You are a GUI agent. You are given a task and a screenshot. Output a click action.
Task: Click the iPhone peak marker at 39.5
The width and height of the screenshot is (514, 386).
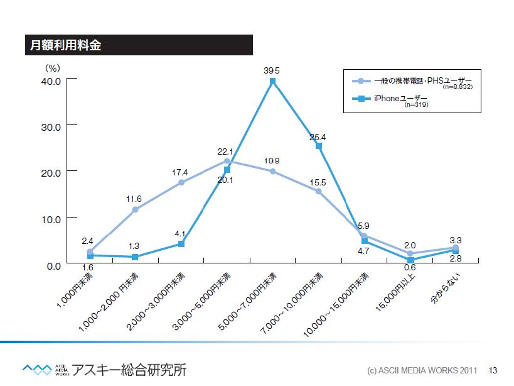(x=273, y=81)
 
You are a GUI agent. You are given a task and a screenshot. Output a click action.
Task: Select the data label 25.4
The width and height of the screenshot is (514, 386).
(x=318, y=137)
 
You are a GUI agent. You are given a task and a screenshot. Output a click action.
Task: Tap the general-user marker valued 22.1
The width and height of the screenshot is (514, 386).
(x=227, y=161)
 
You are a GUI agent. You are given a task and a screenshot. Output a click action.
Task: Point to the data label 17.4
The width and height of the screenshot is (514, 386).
(x=180, y=172)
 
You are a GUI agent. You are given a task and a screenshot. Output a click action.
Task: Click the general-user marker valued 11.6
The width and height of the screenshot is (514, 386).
(x=135, y=209)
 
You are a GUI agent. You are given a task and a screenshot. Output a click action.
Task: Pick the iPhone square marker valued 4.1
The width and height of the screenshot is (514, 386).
(x=181, y=243)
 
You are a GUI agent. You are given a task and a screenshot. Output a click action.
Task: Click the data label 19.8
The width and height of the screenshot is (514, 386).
(x=272, y=161)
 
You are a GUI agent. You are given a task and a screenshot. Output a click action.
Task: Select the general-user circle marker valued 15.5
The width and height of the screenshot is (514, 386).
(x=319, y=191)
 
